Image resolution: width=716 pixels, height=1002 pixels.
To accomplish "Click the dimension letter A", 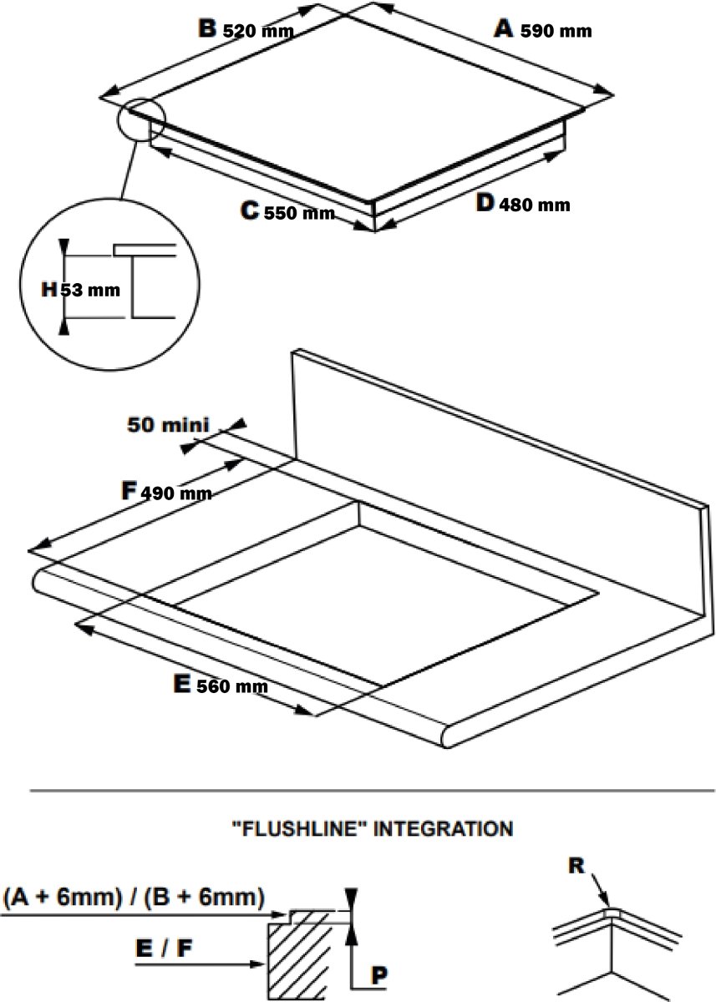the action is [x=504, y=28].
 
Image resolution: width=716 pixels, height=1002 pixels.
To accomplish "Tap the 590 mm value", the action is [x=556, y=32].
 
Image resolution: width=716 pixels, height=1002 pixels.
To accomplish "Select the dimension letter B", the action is [x=208, y=28].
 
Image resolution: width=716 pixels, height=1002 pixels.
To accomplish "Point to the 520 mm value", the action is [x=258, y=32].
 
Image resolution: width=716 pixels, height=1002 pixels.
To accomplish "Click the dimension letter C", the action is [x=250, y=210].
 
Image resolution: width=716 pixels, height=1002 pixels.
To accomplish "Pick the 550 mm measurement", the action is [x=299, y=213].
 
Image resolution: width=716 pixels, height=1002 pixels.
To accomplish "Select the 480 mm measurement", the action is [x=535, y=205].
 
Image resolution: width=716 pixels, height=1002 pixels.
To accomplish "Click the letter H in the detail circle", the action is [x=49, y=290].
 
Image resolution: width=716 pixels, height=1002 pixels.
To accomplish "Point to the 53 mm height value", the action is [x=90, y=291].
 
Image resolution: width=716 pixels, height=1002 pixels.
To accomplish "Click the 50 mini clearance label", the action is [x=168, y=424].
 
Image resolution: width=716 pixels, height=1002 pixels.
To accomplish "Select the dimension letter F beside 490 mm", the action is [x=129, y=491].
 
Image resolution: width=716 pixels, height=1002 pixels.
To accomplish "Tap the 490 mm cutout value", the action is [x=176, y=493].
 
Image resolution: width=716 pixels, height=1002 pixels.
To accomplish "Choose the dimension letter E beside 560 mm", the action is [x=181, y=684].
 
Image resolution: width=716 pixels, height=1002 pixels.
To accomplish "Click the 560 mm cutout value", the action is [x=232, y=686].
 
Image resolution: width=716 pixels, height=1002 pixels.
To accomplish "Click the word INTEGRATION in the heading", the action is [x=443, y=829].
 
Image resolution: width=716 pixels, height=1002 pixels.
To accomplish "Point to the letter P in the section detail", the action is [x=379, y=974].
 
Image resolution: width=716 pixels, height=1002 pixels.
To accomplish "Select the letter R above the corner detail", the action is [x=576, y=866].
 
